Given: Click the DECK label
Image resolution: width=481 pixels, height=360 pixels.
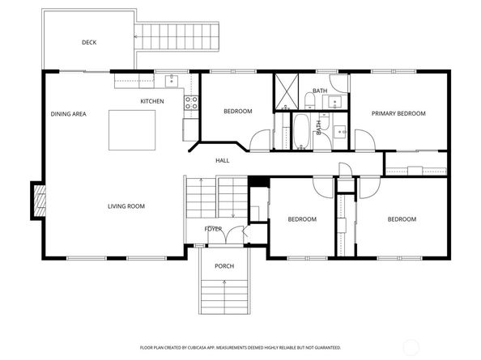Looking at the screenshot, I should click(x=89, y=42).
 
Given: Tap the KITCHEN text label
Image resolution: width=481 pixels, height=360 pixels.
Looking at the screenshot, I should click(x=152, y=101).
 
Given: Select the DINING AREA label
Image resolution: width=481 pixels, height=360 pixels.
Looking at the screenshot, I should click(x=68, y=114).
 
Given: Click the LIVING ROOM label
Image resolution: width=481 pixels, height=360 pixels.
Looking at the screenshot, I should click(x=126, y=206).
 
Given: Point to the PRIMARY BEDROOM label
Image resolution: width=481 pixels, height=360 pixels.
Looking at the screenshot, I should click(x=398, y=114).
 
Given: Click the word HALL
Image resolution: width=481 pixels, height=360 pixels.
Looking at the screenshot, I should click(x=222, y=160).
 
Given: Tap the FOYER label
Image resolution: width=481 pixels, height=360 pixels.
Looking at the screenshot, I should click(x=213, y=229).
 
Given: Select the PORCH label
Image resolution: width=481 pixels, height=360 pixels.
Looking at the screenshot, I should click(x=223, y=266).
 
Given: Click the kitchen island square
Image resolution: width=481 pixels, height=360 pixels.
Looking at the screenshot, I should click(x=133, y=129).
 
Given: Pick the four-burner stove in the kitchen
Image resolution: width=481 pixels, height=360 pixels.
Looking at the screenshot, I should click(x=191, y=103).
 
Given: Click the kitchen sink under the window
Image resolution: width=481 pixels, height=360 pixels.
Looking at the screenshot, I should click(x=171, y=79).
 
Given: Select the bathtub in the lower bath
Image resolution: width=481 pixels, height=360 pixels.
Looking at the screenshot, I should click(x=300, y=132).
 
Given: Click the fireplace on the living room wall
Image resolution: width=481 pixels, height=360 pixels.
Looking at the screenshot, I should click(x=38, y=200).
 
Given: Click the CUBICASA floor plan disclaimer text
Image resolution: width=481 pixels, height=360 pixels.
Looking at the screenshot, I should click(x=240, y=347).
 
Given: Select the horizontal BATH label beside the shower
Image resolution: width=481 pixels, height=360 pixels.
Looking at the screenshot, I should click(x=320, y=91).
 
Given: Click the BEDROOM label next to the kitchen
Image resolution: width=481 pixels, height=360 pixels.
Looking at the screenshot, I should click(x=237, y=111).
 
